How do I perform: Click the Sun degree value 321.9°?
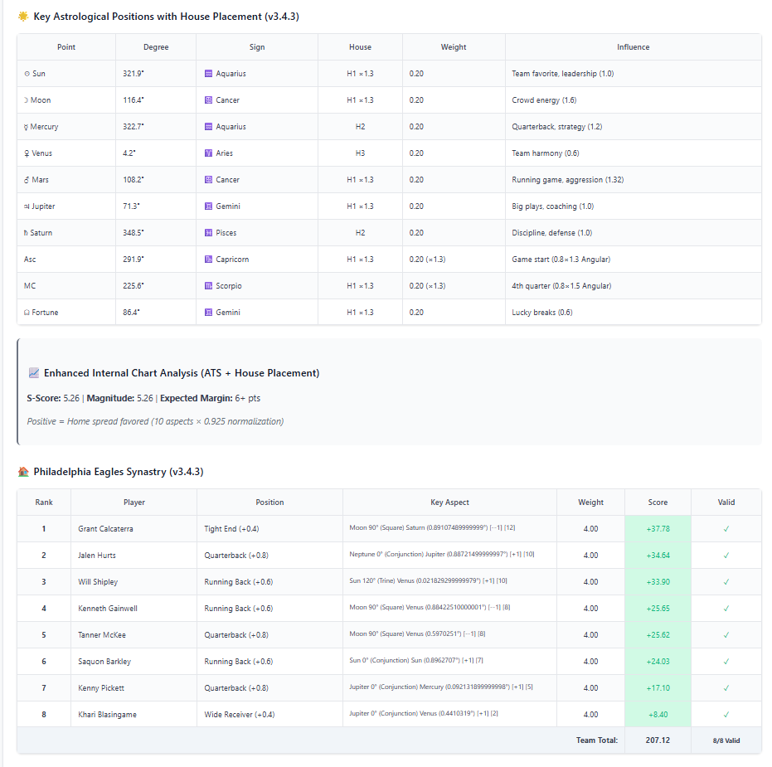pos(134,74)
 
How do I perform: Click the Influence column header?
pos(633,47)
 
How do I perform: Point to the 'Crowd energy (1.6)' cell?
pos(544,100)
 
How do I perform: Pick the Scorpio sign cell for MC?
pos(231,286)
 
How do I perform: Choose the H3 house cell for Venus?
pos(360,153)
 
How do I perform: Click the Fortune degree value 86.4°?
pos(132,313)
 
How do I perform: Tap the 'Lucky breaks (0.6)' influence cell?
pos(542,313)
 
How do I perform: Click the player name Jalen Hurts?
pos(97,556)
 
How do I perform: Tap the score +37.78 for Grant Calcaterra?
pos(658,529)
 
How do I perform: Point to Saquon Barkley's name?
pos(104,662)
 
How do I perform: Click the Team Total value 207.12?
pos(657,740)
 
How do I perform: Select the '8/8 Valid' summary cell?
pos(726,740)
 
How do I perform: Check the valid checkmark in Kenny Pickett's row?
pos(726,688)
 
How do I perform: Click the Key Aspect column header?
pos(449,502)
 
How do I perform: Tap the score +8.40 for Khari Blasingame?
pos(658,715)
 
